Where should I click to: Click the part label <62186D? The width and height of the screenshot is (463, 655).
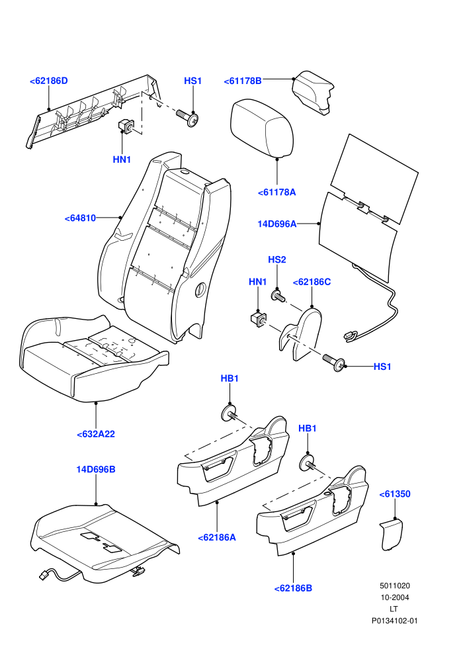pos(48,81)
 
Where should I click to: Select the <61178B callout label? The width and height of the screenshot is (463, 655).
pos(243,81)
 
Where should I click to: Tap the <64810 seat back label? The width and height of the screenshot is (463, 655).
pos(80,218)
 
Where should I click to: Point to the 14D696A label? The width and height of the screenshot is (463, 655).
pos(276,224)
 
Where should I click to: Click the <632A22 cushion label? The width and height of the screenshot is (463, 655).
pos(96,434)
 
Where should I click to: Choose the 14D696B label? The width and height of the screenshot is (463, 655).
pos(96,470)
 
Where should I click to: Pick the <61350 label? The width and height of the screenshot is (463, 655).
pos(394,494)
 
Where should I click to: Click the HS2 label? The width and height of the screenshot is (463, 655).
pos(276,260)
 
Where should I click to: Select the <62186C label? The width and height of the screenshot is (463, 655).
pos(312,283)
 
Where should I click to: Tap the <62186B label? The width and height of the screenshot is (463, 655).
pos(293,588)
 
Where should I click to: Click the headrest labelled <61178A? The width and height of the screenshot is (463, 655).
pos(262,128)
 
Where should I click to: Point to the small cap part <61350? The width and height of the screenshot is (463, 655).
pos(391,535)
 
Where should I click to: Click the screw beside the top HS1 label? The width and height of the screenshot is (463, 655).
pos(187,118)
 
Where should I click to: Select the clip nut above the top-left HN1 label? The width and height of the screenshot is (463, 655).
pos(126,125)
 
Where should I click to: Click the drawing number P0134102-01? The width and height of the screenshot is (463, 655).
pos(394,621)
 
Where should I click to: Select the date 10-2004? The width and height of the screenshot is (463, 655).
pos(394,597)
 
